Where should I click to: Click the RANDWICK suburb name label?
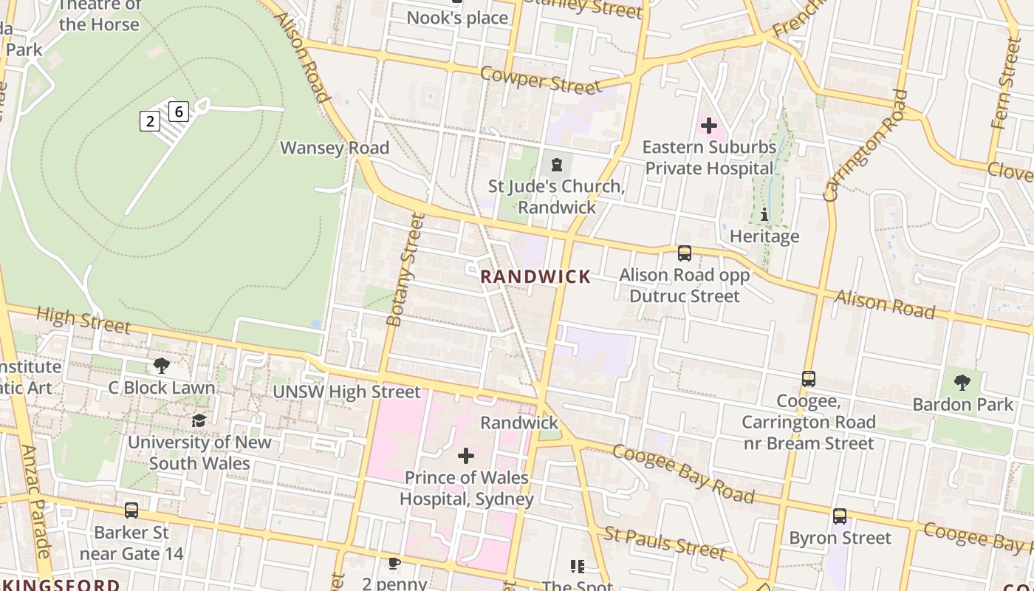tap(535, 277)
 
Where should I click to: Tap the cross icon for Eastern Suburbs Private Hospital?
tap(708, 126)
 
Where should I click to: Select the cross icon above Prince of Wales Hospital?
tap(466, 456)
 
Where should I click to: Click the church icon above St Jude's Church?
tap(556, 164)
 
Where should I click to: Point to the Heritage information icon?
tap(764, 215)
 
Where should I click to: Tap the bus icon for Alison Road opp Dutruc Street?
tap(685, 253)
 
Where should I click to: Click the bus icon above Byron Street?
tap(840, 516)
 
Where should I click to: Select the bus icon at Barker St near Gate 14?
tap(131, 510)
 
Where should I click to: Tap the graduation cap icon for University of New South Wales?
tap(199, 420)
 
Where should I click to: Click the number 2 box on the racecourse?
tap(150, 121)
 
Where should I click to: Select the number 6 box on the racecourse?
tap(179, 112)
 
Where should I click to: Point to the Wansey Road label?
tap(335, 148)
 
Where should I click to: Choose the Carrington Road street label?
tap(866, 145)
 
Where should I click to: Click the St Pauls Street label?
tap(665, 543)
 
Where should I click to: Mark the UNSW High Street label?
tap(346, 392)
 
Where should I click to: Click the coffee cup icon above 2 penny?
tap(394, 564)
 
